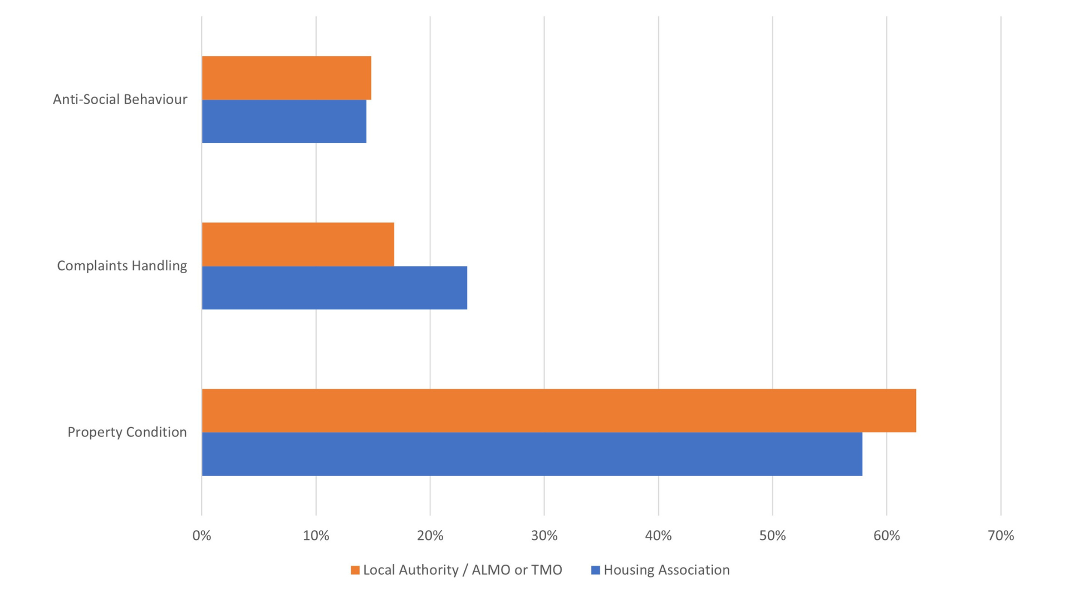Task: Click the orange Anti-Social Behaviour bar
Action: (x=286, y=78)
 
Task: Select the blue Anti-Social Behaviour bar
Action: (x=284, y=122)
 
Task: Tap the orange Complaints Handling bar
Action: (x=298, y=244)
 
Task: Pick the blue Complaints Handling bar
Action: (x=334, y=288)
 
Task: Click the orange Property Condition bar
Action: (x=558, y=411)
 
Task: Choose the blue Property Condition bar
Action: (x=532, y=454)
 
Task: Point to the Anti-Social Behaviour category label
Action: (x=120, y=99)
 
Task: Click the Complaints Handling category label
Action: (x=122, y=266)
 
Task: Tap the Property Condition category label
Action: (x=127, y=432)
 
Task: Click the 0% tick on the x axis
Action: (x=202, y=536)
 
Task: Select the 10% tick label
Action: (x=316, y=536)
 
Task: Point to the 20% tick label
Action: (x=430, y=536)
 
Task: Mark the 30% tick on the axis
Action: (x=544, y=536)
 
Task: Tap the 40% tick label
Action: (x=658, y=536)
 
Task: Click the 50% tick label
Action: (x=772, y=536)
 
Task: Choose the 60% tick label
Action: (x=886, y=536)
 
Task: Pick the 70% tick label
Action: (x=1001, y=536)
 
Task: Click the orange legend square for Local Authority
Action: (x=355, y=570)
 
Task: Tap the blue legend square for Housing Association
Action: (x=595, y=570)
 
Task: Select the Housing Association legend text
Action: (x=666, y=570)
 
